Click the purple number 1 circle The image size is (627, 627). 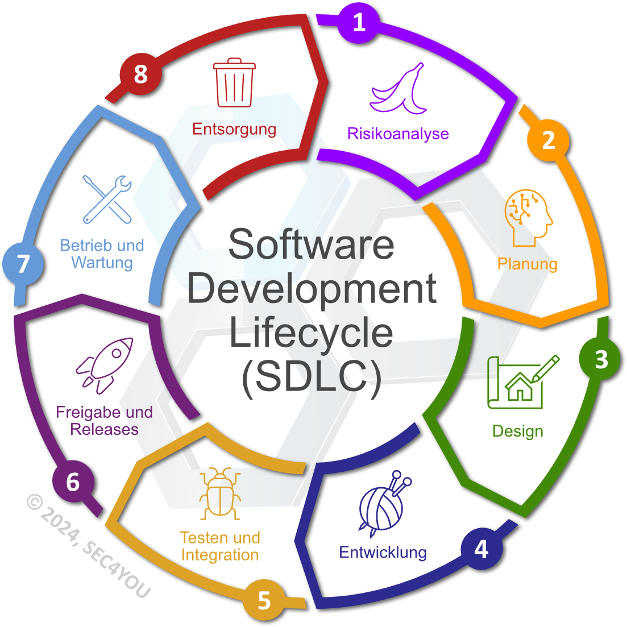pyautogui.click(x=359, y=22)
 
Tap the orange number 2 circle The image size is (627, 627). pyautogui.click(x=548, y=140)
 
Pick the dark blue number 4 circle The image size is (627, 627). pyautogui.click(x=481, y=549)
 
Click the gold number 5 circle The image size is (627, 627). pyautogui.click(x=264, y=600)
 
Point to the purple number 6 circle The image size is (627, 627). pyautogui.click(x=73, y=481)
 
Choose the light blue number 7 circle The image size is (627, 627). pyautogui.click(x=23, y=264)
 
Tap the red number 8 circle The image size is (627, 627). pyautogui.click(x=141, y=74)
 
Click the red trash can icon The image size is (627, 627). pyautogui.click(x=234, y=82)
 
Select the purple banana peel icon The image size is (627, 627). pyautogui.click(x=398, y=88)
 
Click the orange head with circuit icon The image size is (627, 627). pyautogui.click(x=528, y=218)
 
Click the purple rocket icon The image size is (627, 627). pyautogui.click(x=105, y=366)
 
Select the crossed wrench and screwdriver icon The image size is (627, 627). pyautogui.click(x=107, y=199)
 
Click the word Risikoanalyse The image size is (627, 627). pyautogui.click(x=398, y=134)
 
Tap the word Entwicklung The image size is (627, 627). pyautogui.click(x=383, y=552)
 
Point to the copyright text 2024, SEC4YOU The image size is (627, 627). pyautogui.click(x=89, y=546)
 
